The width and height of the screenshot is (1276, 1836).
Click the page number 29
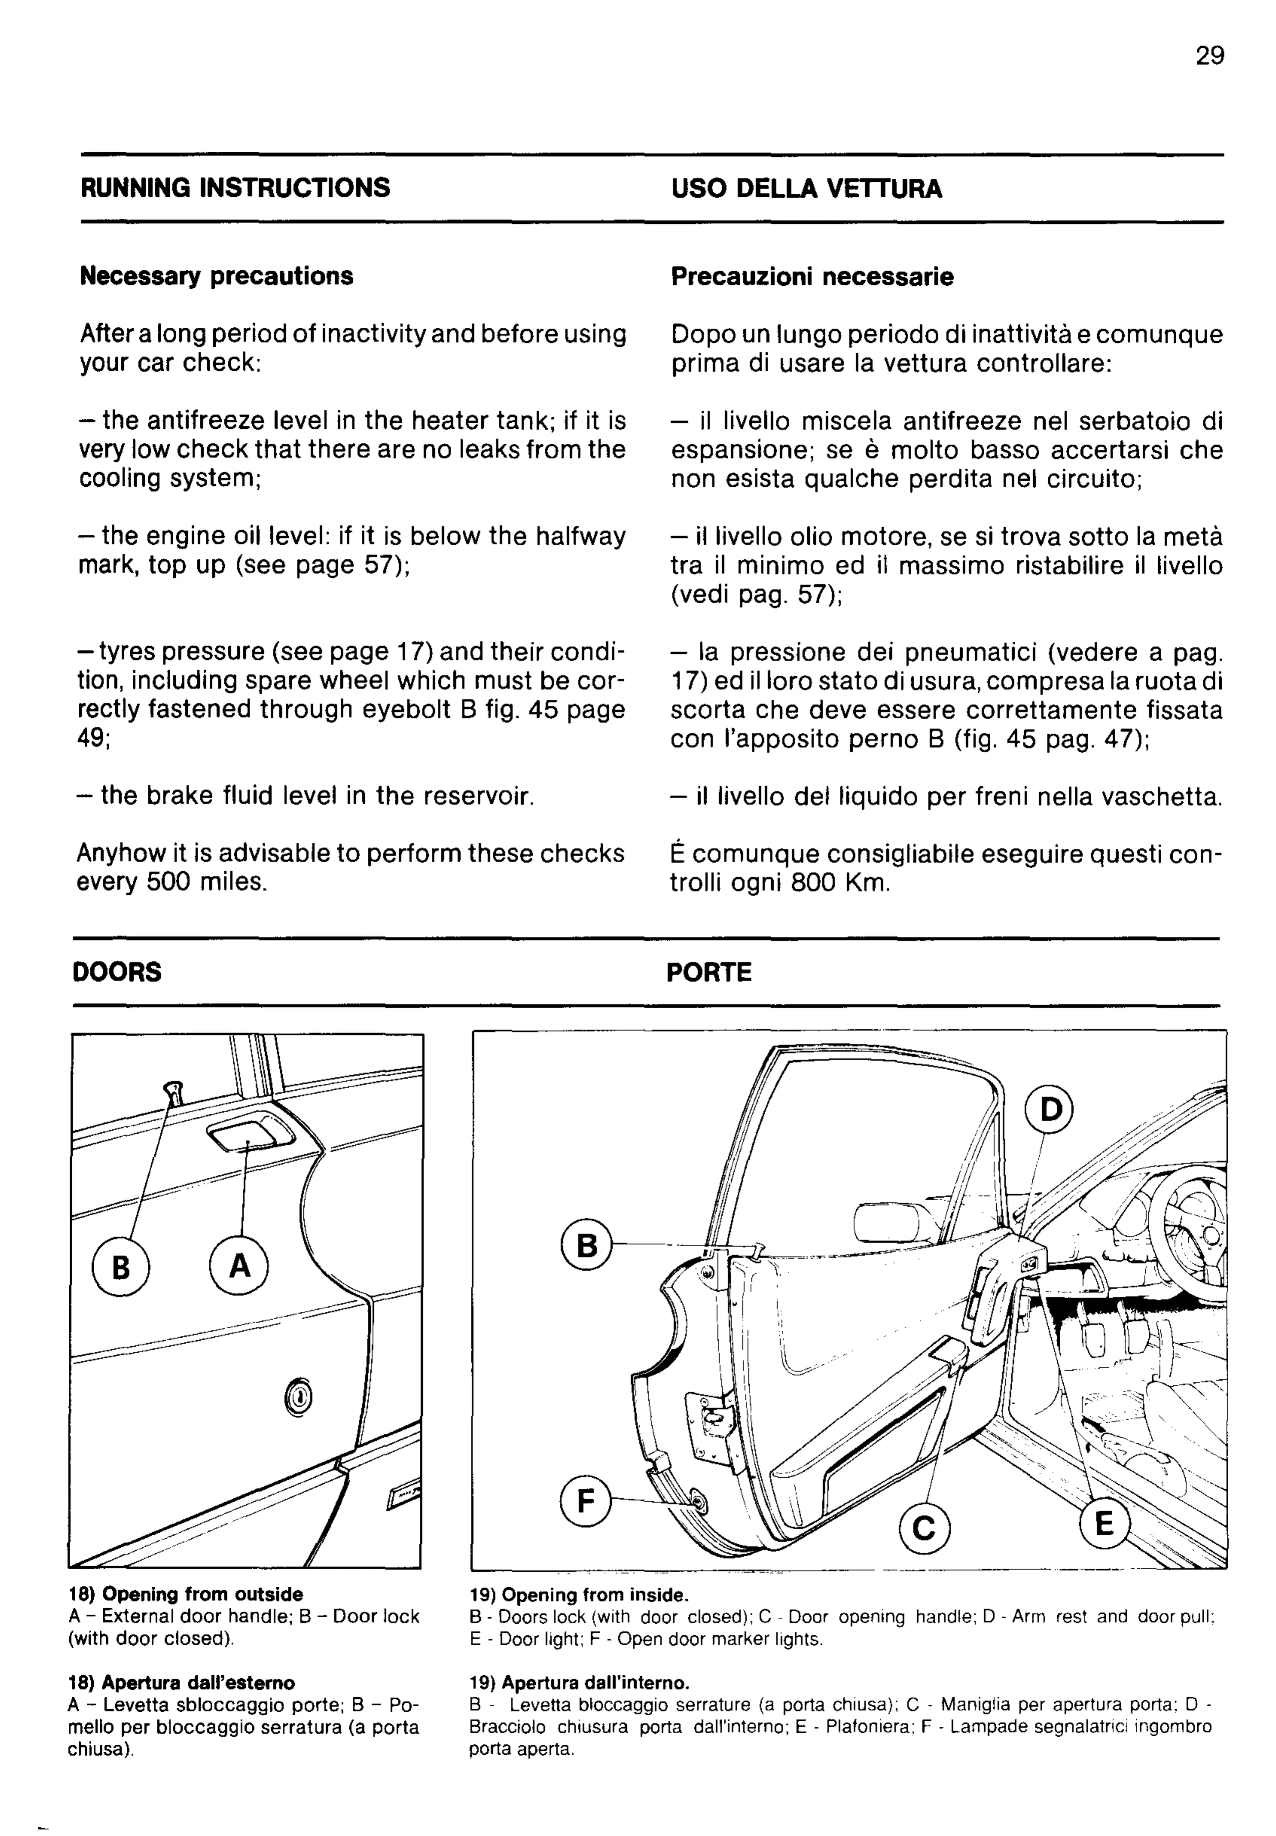tap(1210, 56)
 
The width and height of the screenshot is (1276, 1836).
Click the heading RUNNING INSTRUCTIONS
tap(235, 188)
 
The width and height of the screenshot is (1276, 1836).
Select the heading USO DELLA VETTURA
tap(806, 189)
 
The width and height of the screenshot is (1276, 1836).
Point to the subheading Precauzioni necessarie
tap(812, 277)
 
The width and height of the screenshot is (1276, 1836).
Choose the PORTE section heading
tap(708, 973)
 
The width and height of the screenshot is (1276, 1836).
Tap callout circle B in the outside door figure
tap(121, 1268)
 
